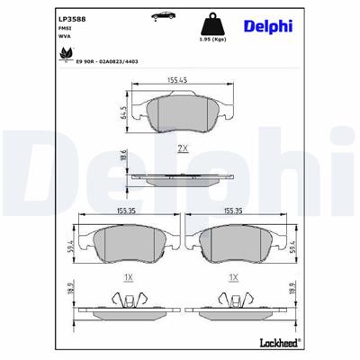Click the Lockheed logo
click(319, 346)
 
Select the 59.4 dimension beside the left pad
click(72, 245)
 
